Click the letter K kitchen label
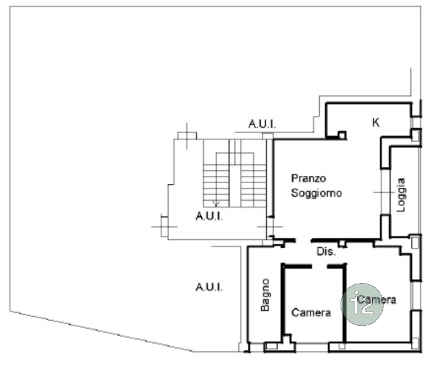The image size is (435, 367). click(376, 122)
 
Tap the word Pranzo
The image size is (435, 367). click(308, 178)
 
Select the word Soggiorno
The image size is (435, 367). click(316, 193)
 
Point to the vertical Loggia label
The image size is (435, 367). click(400, 195)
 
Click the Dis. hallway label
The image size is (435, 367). click(326, 252)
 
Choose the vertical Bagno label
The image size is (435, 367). click(265, 295)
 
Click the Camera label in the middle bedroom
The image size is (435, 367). click(311, 313)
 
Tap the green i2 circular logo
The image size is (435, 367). click(362, 304)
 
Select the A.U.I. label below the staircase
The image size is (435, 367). click(209, 216)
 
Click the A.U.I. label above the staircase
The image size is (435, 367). click(262, 124)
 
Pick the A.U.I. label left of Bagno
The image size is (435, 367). click(209, 287)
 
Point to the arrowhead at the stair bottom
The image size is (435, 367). click(216, 204)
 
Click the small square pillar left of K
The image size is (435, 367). click(342, 135)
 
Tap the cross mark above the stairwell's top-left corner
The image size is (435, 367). click(187, 136)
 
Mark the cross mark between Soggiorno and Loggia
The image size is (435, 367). click(384, 192)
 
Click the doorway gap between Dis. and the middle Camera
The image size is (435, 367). click(319, 267)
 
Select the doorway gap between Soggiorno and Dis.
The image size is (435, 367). click(303, 241)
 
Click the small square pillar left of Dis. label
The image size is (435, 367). click(343, 244)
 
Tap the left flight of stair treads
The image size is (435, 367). click(216, 186)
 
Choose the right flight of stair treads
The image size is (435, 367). click(253, 186)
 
